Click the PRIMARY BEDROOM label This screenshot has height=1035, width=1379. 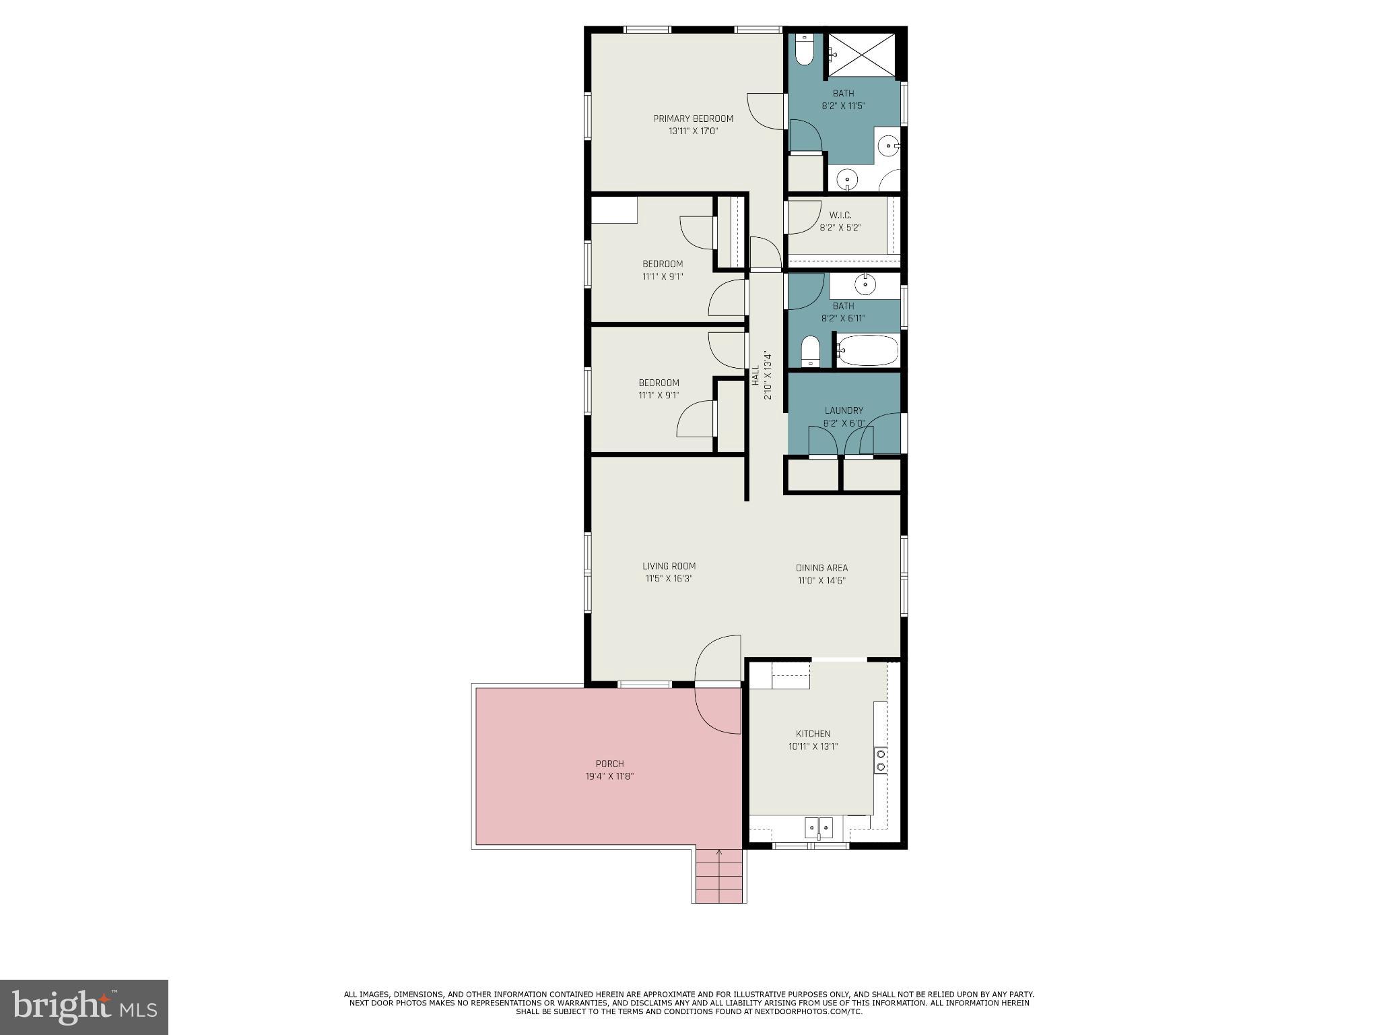coord(693,119)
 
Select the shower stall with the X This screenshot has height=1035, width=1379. coord(861,54)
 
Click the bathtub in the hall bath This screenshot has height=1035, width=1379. coord(868,350)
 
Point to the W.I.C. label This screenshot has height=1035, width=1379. coord(840,215)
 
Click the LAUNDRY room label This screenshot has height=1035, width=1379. coord(844,410)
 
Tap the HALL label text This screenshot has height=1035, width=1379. coord(755,375)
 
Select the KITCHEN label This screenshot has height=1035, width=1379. coord(813,734)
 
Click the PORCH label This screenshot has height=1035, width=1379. coord(609,763)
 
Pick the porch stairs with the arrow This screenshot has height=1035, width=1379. coord(719,875)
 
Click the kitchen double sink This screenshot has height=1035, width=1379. coord(819,827)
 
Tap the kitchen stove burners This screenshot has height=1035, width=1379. coord(880,760)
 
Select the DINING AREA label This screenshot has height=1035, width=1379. coord(821,568)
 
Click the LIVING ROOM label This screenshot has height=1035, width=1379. coord(669,567)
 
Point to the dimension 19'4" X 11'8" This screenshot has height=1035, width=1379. coord(609,776)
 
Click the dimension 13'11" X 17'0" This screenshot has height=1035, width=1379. coord(693,131)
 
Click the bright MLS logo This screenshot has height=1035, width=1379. coord(84,1007)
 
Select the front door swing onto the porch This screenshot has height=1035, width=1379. coord(718,708)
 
